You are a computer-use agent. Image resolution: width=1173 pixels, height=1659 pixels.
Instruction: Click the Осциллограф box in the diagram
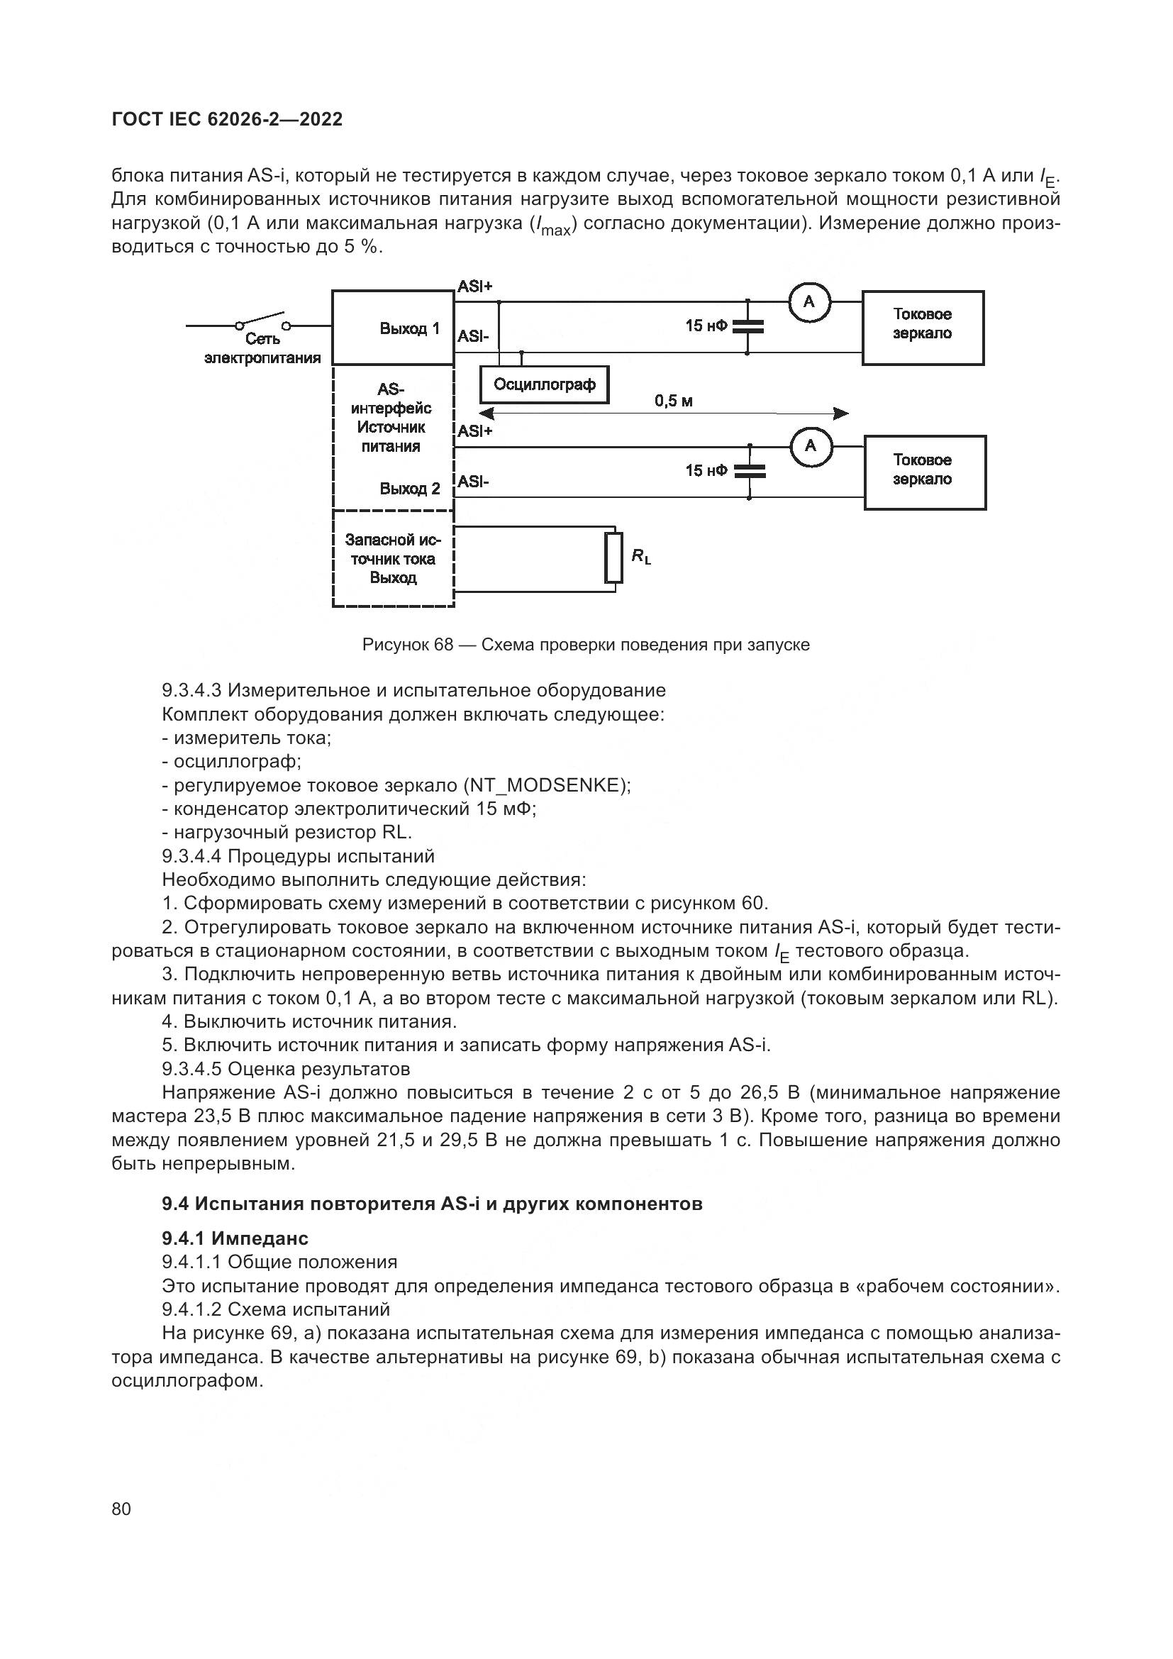pyautogui.click(x=544, y=384)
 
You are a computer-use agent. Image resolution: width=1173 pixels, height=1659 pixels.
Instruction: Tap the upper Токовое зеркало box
pyautogui.click(x=923, y=328)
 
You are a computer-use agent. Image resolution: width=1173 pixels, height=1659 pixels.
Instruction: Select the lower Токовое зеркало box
pyautogui.click(x=924, y=472)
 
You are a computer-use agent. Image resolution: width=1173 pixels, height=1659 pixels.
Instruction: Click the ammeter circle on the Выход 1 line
pyautogui.click(x=808, y=301)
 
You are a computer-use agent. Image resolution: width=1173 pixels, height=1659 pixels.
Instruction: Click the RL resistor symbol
pyautogui.click(x=614, y=557)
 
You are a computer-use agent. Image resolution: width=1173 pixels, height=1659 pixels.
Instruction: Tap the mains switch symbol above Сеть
pyautogui.click(x=262, y=320)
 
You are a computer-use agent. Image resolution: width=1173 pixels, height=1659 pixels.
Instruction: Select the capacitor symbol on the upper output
pyautogui.click(x=747, y=326)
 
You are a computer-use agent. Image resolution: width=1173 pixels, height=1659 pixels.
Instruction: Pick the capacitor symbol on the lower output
pyautogui.click(x=750, y=472)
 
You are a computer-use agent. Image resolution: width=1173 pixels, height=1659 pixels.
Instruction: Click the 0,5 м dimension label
pyautogui.click(x=673, y=401)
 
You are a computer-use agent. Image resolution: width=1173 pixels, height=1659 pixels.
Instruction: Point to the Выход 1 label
pyautogui.click(x=409, y=329)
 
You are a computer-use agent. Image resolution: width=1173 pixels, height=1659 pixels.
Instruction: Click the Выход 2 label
pyautogui.click(x=409, y=489)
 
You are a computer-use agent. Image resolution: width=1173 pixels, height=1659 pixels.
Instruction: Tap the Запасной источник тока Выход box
pyautogui.click(x=393, y=558)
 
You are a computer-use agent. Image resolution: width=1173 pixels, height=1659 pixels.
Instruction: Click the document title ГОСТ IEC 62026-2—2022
pyautogui.click(x=227, y=119)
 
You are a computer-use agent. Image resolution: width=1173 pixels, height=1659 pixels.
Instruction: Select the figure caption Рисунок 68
pyautogui.click(x=586, y=645)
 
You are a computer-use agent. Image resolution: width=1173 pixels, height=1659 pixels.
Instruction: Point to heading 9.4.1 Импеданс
pyautogui.click(x=235, y=1238)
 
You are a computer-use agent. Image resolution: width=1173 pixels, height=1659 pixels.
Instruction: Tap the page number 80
pyautogui.click(x=121, y=1509)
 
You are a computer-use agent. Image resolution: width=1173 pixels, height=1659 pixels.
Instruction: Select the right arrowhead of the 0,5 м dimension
pyautogui.click(x=841, y=414)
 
